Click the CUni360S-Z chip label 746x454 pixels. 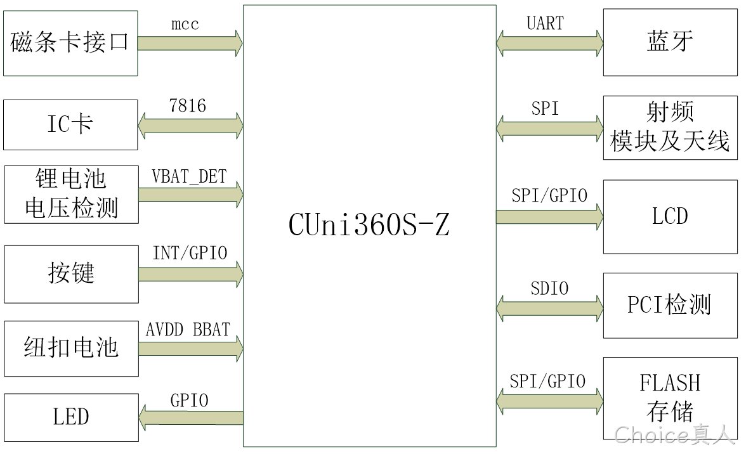[369, 224]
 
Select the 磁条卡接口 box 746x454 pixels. [70, 43]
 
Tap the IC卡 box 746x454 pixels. [70, 125]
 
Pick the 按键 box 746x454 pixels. [71, 275]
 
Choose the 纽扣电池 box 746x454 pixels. [71, 349]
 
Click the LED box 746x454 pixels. [71, 417]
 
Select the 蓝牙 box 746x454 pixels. [671, 42]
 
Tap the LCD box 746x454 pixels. [671, 217]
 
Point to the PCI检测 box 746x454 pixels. [671, 306]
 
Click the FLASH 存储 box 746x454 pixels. [671, 398]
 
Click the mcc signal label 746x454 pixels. [185, 23]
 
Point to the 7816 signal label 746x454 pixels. [188, 105]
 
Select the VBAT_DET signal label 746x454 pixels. [189, 177]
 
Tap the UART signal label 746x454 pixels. [546, 23]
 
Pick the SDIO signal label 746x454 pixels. [549, 288]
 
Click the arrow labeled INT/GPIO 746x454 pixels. [191, 275]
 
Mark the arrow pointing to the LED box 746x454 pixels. [191, 417]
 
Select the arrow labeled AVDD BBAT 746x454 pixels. [191, 349]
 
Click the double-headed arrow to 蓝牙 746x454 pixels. [549, 43]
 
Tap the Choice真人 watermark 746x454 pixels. [675, 434]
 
